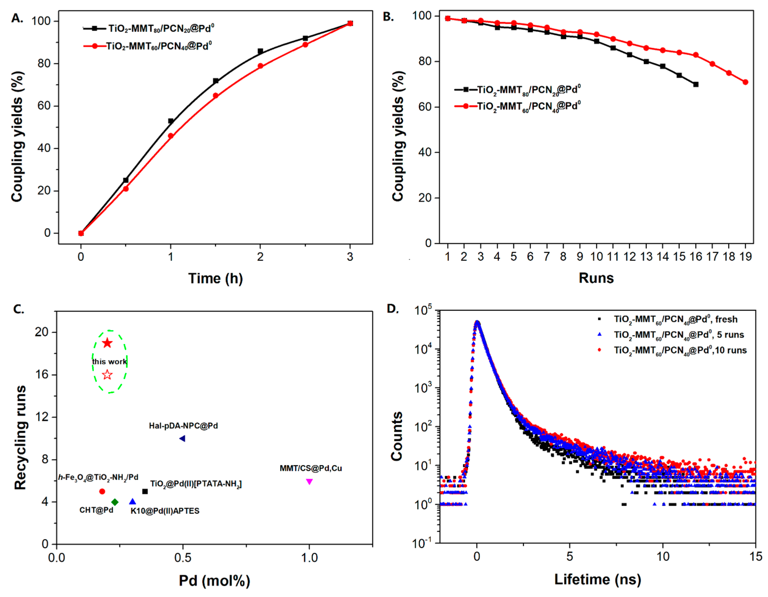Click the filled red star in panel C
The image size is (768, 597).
[x=107, y=343]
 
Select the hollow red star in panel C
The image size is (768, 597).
[x=107, y=375]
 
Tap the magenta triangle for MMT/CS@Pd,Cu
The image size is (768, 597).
[x=309, y=481]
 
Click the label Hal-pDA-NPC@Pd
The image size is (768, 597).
[x=183, y=426]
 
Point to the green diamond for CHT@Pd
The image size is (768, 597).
[x=115, y=502]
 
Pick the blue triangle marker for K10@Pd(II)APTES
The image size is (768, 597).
[x=133, y=502]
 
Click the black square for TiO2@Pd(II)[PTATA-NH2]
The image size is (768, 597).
[x=145, y=491]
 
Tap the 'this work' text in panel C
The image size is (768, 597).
[x=109, y=362]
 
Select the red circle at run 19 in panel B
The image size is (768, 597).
[x=745, y=82]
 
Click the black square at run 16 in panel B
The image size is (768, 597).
[x=696, y=84]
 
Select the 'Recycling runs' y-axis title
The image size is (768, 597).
[x=20, y=437]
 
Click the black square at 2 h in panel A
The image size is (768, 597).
[x=260, y=51]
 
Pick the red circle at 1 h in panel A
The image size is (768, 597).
[x=171, y=136]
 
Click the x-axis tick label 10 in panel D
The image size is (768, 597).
[x=663, y=557]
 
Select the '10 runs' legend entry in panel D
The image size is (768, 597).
[x=680, y=350]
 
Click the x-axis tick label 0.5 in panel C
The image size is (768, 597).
[x=182, y=558]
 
